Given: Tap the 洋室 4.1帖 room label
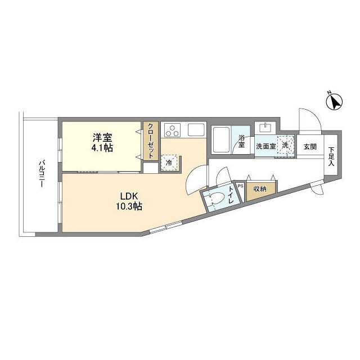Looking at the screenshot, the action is coord(102,142).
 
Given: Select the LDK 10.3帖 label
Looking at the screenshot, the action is coord(129,201).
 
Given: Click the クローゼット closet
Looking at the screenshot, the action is coord(151,141).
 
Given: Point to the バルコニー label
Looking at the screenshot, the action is coord(42,174).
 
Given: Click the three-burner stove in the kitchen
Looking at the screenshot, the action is coord(172,130).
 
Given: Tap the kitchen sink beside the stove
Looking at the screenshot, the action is coord(196,130).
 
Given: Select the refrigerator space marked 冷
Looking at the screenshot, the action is coord(169,163).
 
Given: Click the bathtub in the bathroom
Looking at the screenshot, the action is coord(221,140).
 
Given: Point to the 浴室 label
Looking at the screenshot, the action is coord(241,141).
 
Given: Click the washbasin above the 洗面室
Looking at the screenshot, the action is coord(265,128).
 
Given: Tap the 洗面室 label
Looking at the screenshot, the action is coord(266,146).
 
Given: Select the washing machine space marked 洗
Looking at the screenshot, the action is coord(286,145).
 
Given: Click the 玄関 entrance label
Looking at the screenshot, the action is coord(310,146).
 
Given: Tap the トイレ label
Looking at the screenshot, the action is coord(231,195).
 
